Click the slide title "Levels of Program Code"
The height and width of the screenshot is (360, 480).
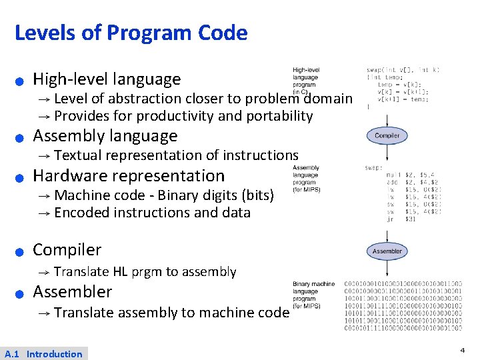(x=131, y=33)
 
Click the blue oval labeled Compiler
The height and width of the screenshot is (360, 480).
(x=387, y=135)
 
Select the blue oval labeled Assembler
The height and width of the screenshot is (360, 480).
(x=387, y=251)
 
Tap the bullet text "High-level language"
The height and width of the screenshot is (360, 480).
(x=107, y=79)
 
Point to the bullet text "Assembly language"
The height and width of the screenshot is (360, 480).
(x=105, y=136)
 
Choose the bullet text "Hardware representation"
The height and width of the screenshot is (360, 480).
(x=129, y=176)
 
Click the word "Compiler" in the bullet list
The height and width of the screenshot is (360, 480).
(x=67, y=250)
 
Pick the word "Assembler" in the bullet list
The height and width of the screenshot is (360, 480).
(x=73, y=292)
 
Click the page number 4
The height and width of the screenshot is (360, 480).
(x=462, y=350)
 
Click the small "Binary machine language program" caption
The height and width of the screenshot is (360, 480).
(x=313, y=295)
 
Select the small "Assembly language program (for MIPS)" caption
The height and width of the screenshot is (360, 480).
(x=306, y=179)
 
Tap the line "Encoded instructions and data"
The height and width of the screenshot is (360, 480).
(x=152, y=213)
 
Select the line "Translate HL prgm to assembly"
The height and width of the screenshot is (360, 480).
(x=145, y=271)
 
